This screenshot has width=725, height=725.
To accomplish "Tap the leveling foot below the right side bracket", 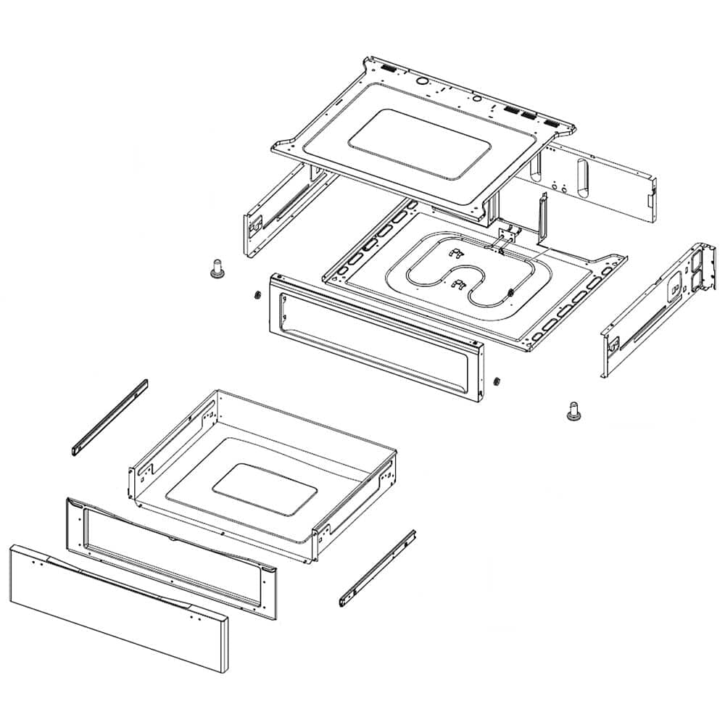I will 573,411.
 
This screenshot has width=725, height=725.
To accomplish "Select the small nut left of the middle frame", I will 256,294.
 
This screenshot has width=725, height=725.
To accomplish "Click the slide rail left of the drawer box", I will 111,415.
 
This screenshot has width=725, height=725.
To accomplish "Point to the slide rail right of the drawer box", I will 378,568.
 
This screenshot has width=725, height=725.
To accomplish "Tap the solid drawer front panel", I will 116,609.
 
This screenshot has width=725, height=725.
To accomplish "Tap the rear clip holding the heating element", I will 455,253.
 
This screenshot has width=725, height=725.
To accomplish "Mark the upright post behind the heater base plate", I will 541,217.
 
